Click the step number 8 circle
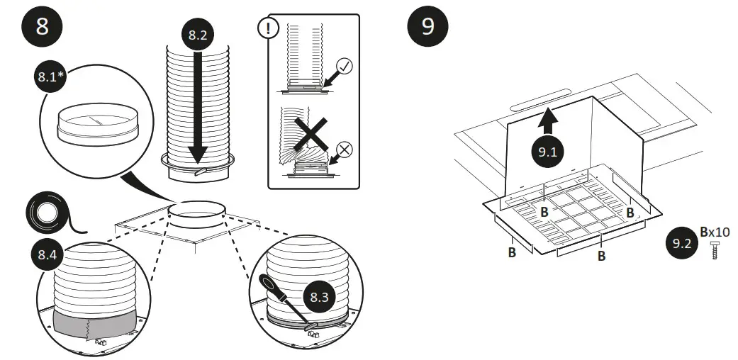tap(42, 27)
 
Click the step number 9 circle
tap(427, 27)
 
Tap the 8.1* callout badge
tap(50, 77)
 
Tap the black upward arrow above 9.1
tap(547, 120)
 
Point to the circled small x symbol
tap(347, 149)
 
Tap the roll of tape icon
tap(50, 213)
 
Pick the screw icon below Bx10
tap(714, 250)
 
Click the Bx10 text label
tap(715, 232)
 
